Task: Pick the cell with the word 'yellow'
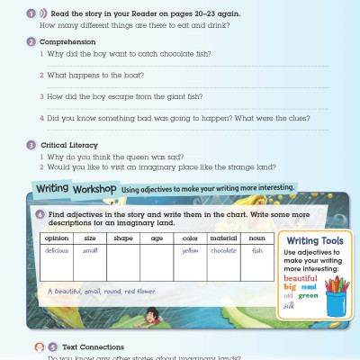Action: pyautogui.click(x=189, y=250)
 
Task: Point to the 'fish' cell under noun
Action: pyautogui.click(x=257, y=250)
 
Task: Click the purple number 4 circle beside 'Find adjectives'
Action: pyautogui.click(x=40, y=213)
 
